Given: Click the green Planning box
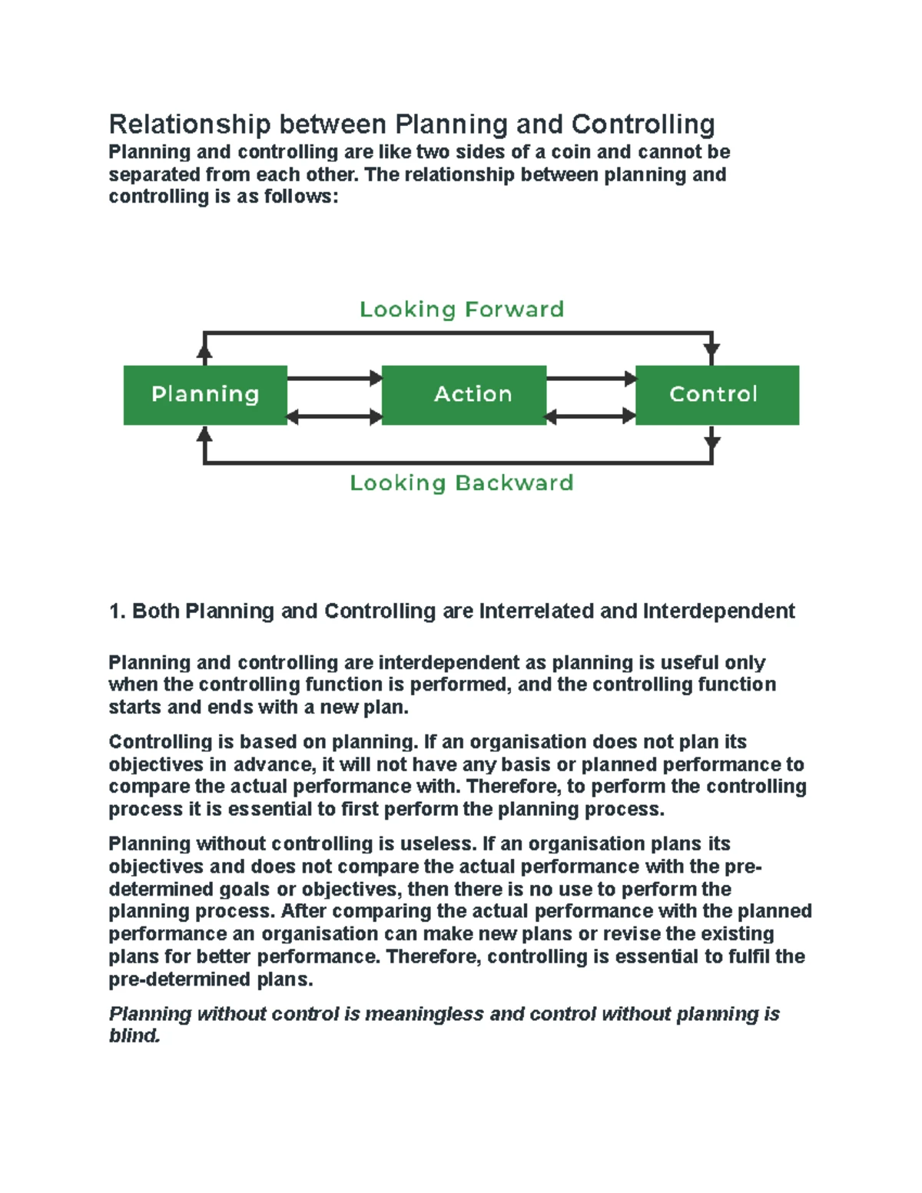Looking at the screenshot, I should [x=205, y=395].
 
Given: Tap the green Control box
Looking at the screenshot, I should [x=717, y=395].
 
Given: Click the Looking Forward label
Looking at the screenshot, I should [x=462, y=310].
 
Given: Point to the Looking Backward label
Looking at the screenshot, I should [x=462, y=483].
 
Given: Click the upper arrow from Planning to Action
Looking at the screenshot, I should [x=334, y=378].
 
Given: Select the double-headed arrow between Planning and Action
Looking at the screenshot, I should [x=334, y=417].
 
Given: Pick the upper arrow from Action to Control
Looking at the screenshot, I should [x=591, y=378].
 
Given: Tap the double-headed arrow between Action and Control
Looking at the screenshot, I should [x=591, y=417].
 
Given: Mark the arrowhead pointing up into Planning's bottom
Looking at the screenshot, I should [x=204, y=436].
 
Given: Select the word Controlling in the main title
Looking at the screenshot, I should [x=643, y=124].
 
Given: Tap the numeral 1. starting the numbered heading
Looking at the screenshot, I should [x=117, y=611].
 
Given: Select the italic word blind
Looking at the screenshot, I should [x=134, y=1036].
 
